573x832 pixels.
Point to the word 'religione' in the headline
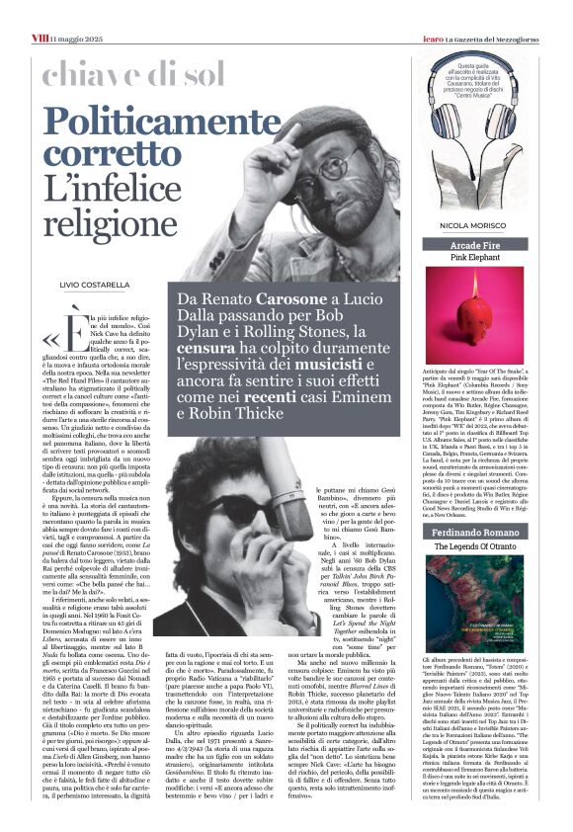tap(107, 218)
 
